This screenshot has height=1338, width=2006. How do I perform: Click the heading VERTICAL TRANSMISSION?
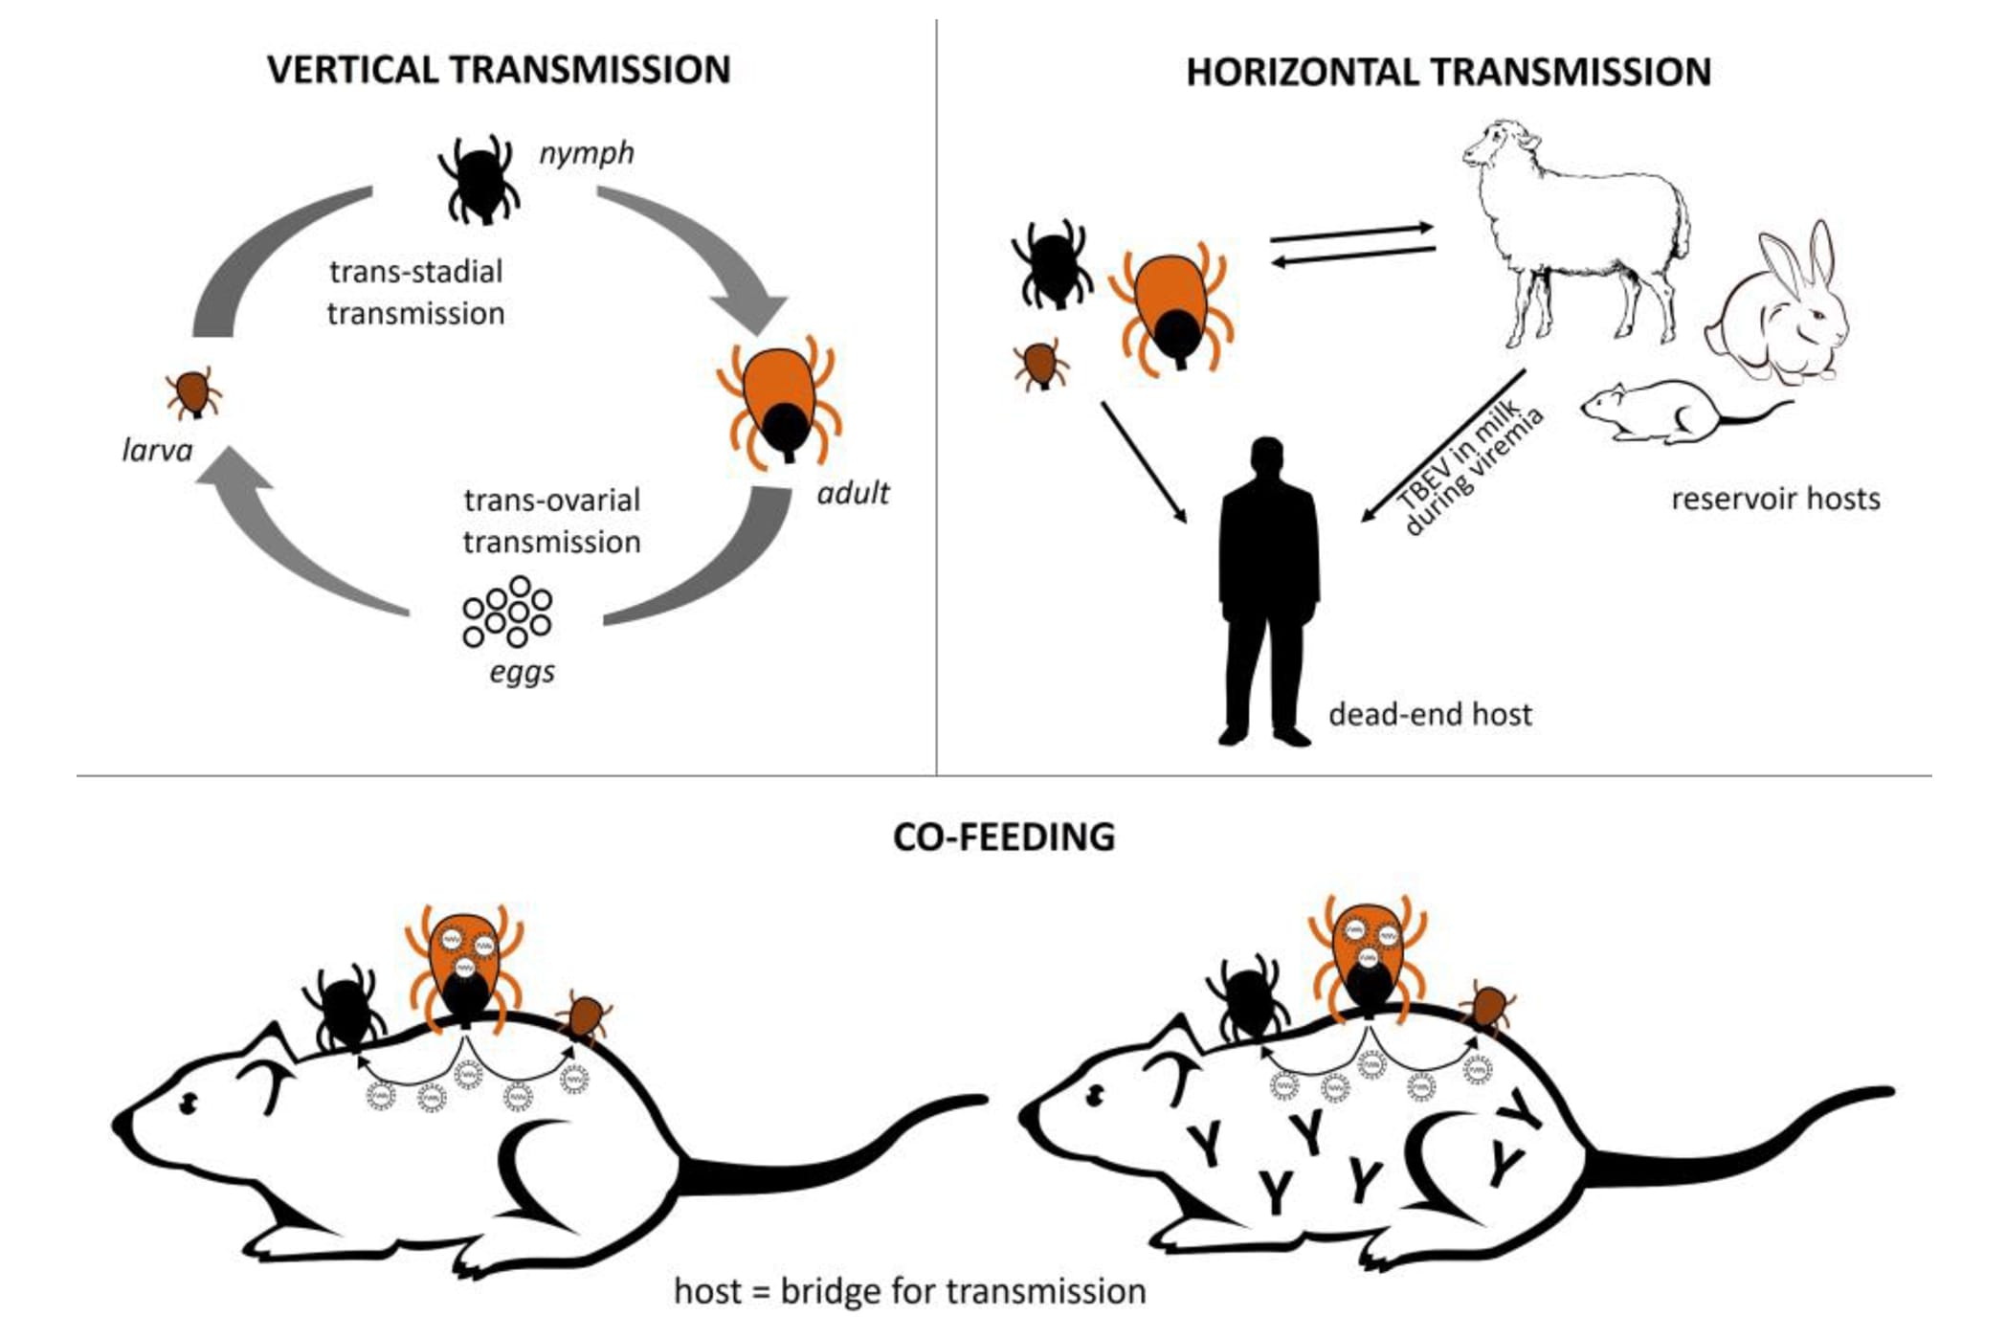(x=499, y=71)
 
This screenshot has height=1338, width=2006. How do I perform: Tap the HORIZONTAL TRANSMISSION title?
(x=1448, y=73)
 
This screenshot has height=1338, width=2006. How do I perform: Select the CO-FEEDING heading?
(x=1004, y=836)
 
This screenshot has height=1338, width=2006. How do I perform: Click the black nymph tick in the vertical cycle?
(x=479, y=179)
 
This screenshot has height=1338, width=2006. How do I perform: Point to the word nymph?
(x=587, y=153)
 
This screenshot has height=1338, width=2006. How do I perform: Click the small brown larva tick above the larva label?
(x=193, y=391)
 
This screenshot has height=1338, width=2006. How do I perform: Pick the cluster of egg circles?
(x=507, y=612)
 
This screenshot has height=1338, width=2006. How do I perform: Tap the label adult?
(x=853, y=493)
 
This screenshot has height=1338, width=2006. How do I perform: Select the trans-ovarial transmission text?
(x=552, y=521)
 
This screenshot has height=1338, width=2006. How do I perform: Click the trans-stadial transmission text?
(x=415, y=292)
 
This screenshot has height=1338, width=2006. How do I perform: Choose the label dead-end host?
(x=1430, y=714)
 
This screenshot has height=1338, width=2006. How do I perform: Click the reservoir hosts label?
(x=1775, y=499)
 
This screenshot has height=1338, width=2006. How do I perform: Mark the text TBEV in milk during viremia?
(x=1470, y=470)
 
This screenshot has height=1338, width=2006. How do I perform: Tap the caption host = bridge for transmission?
(x=909, y=1291)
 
